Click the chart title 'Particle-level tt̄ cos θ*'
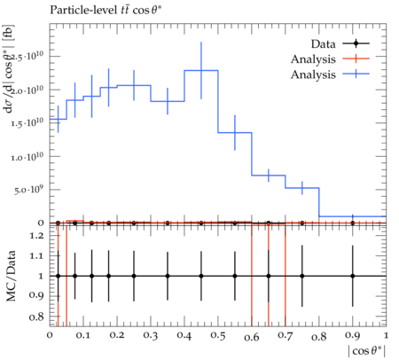click(x=106, y=10)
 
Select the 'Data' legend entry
click(x=340, y=43)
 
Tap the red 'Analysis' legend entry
click(x=330, y=59)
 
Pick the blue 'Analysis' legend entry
click(x=330, y=74)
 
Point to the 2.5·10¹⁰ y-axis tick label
click(x=29, y=56)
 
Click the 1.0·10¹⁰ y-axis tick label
click(x=27, y=156)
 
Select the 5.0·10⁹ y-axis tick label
click(x=28, y=190)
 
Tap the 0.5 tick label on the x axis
click(x=218, y=336)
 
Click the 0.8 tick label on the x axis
click(x=319, y=336)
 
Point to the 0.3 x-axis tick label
click(x=151, y=336)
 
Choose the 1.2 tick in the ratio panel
click(x=36, y=236)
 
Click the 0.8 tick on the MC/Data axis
click(x=36, y=317)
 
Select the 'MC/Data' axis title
click(x=11, y=276)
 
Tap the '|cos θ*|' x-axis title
click(x=367, y=351)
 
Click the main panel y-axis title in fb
click(x=9, y=68)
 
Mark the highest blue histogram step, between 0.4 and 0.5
click(x=201, y=70)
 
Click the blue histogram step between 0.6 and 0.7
click(x=269, y=176)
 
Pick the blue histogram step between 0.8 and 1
click(x=353, y=216)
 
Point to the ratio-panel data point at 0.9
click(x=353, y=276)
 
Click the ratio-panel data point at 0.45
click(x=201, y=276)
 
